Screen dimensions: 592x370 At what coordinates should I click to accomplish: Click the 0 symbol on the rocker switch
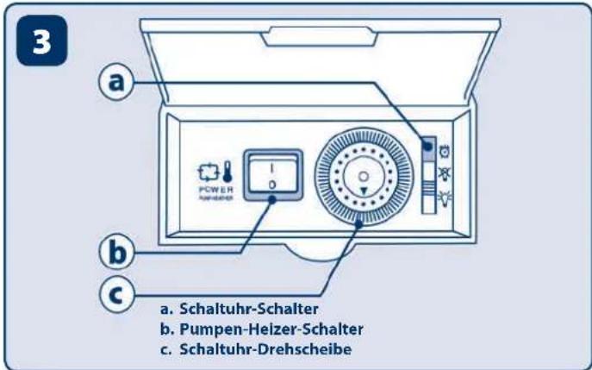pyautogui.click(x=271, y=185)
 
